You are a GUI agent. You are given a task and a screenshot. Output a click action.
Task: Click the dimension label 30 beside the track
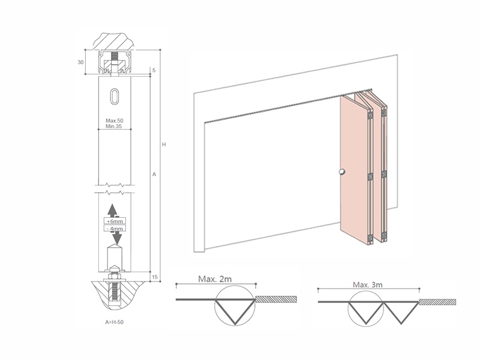pyautogui.click(x=80, y=62)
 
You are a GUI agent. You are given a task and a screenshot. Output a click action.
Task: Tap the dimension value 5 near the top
pyautogui.click(x=154, y=70)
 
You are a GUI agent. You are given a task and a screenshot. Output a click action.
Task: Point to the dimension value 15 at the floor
pyautogui.click(x=155, y=277)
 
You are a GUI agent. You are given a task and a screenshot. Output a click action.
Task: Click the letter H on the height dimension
pyautogui.click(x=164, y=145)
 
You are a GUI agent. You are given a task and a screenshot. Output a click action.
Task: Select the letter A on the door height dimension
pyautogui.click(x=154, y=174)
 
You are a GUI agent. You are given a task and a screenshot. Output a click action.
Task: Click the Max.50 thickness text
pyautogui.click(x=115, y=121)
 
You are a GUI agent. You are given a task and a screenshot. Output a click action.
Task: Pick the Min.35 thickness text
pyautogui.click(x=114, y=126)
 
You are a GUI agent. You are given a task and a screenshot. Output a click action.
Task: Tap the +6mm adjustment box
pyautogui.click(x=115, y=221)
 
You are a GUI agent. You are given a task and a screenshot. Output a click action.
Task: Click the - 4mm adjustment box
pyautogui.click(x=115, y=229)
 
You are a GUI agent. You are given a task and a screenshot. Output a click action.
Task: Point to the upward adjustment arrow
pyautogui.click(x=113, y=211)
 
